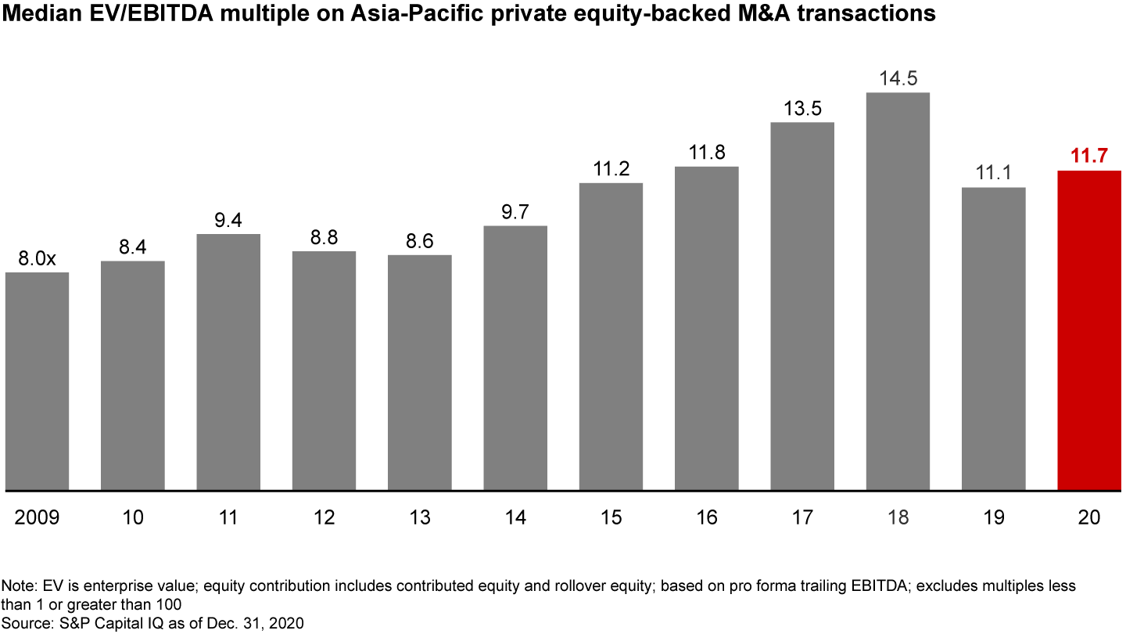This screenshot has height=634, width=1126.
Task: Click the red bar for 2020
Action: [1089, 330]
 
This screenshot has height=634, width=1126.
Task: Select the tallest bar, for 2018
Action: [898, 291]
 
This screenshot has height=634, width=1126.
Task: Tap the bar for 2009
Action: [37, 381]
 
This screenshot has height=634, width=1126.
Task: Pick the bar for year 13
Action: [420, 373]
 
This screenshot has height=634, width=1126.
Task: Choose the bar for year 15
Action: [611, 337]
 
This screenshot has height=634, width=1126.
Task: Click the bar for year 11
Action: [228, 362]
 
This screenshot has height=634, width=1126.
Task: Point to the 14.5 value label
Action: [898, 79]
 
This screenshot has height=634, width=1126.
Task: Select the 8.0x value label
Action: [37, 259]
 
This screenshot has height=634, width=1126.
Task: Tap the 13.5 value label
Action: [802, 108]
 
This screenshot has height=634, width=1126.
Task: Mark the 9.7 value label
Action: [515, 212]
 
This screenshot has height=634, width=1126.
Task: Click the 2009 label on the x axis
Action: [37, 517]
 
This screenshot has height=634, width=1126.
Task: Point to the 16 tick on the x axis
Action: [706, 517]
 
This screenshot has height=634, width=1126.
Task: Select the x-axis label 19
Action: [993, 517]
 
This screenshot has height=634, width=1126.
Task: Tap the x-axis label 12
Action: [324, 517]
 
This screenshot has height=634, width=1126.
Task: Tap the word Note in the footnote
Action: [15, 585]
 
